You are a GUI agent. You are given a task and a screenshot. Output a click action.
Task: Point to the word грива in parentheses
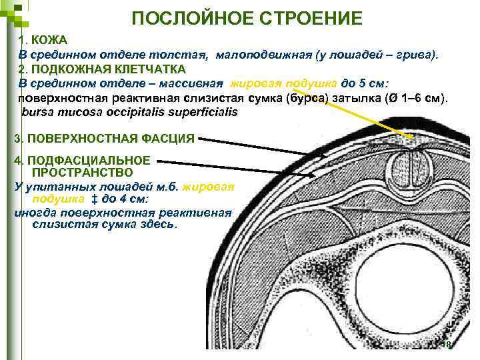(x=419, y=55)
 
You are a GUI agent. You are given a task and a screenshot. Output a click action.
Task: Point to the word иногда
(x=34, y=213)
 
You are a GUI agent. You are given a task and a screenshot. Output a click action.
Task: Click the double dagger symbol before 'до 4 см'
(x=94, y=199)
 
